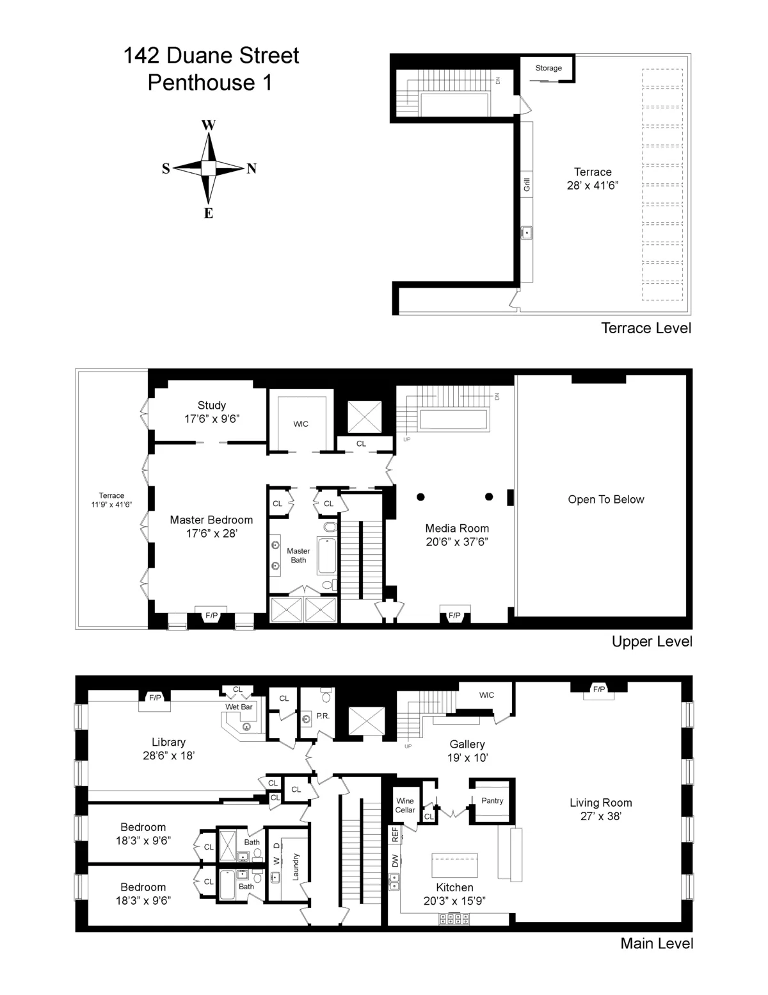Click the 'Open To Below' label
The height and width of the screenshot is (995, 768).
[605, 500]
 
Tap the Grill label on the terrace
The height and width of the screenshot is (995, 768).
[527, 185]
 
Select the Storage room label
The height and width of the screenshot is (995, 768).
[548, 68]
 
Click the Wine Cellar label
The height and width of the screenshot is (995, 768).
[405, 805]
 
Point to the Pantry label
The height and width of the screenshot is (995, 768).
[492, 800]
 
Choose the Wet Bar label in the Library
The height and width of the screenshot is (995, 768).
[239, 707]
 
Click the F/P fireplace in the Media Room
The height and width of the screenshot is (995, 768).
[454, 616]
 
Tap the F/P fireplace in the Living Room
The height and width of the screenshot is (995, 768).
[599, 689]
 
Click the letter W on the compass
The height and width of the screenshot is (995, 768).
[209, 125]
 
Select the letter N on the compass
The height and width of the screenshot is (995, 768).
[252, 169]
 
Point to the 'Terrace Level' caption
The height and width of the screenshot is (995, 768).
[646, 329]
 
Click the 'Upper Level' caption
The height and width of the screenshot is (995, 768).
[652, 641]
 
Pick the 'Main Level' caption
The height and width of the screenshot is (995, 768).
[657, 943]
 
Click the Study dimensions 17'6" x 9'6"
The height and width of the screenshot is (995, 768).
[212, 419]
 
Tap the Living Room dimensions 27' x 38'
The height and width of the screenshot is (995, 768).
[600, 816]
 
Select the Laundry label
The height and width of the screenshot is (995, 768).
[296, 866]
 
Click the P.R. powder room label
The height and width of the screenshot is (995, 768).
[323, 716]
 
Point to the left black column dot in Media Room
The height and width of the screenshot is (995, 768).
[420, 497]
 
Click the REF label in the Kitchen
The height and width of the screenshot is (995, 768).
[395, 834]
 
